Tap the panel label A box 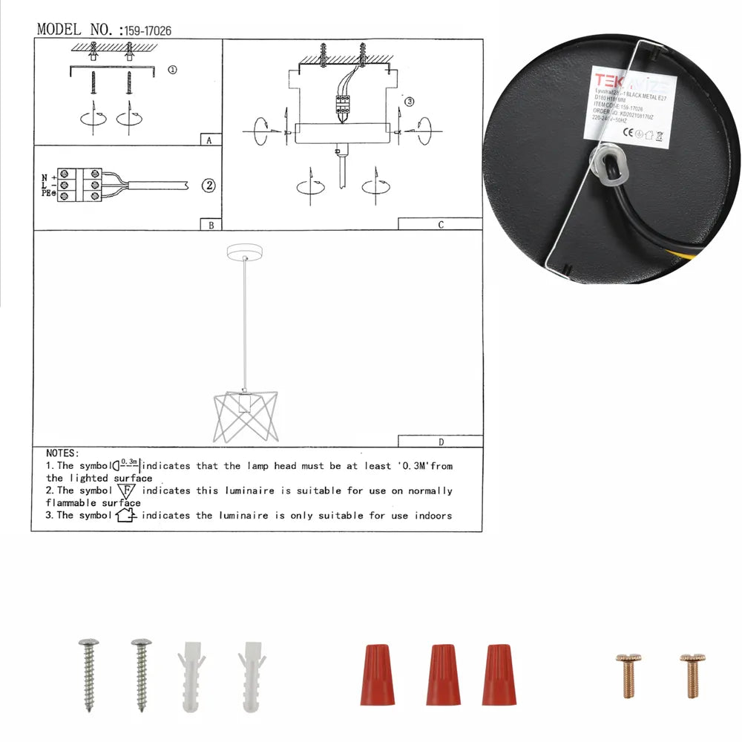(210, 140)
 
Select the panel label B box (211, 225)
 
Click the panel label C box (440, 224)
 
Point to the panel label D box (440, 442)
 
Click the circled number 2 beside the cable (209, 185)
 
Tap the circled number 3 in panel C (409, 102)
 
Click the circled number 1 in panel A (172, 70)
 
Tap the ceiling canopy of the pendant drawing (245, 252)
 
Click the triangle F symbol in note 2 (127, 491)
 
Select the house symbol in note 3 (127, 515)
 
